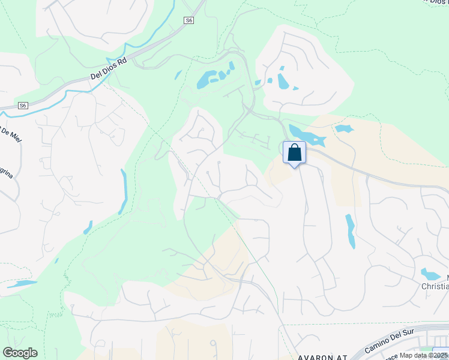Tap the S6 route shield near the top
click(x=189, y=20)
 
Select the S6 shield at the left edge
click(x=23, y=106)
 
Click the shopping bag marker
click(x=294, y=152)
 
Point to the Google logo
click(x=20, y=353)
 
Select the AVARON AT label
click(x=322, y=356)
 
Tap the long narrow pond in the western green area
click(x=124, y=191)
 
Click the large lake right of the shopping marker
click(x=306, y=136)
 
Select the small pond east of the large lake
click(x=344, y=128)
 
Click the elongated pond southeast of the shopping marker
click(x=350, y=231)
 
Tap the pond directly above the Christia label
click(x=430, y=274)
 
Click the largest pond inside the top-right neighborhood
click(x=282, y=82)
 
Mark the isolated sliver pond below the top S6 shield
click(x=178, y=75)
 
